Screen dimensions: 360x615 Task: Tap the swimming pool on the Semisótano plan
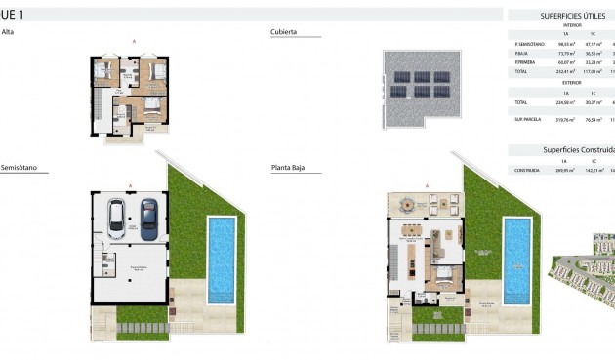223,260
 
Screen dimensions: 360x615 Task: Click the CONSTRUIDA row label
527,170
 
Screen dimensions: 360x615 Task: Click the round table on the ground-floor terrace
405,205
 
